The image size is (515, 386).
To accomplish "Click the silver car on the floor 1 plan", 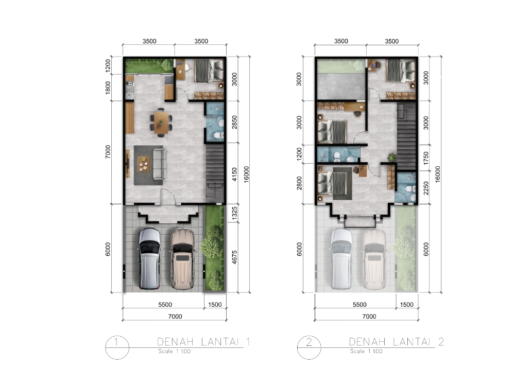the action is [x=149, y=259].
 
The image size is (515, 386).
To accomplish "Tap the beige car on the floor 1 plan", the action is [x=182, y=259].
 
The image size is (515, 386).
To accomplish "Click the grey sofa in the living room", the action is [x=159, y=164].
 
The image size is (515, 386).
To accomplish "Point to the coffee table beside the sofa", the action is [x=144, y=164].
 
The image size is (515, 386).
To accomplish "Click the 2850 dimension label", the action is [x=234, y=122].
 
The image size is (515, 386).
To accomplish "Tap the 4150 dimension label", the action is [x=234, y=174].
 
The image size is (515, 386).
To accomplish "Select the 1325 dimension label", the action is [x=234, y=214].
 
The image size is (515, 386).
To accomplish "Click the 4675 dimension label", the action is [x=234, y=257].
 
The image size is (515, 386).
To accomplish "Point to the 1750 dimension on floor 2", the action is [x=426, y=158].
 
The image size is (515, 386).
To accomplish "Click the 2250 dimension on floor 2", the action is [x=426, y=188].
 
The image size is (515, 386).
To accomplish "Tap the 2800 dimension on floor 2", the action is [x=299, y=183].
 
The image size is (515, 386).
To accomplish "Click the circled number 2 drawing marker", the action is [x=309, y=347].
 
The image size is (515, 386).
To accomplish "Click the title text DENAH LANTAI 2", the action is [x=397, y=342].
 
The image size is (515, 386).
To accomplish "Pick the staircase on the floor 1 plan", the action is [x=215, y=173].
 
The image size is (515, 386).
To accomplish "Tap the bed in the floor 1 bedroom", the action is [x=209, y=71].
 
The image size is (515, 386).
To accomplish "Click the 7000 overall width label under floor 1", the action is [x=175, y=317].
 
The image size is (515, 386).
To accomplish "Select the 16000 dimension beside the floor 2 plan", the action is [x=437, y=174].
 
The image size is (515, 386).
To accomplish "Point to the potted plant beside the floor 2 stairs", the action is [x=392, y=157].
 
